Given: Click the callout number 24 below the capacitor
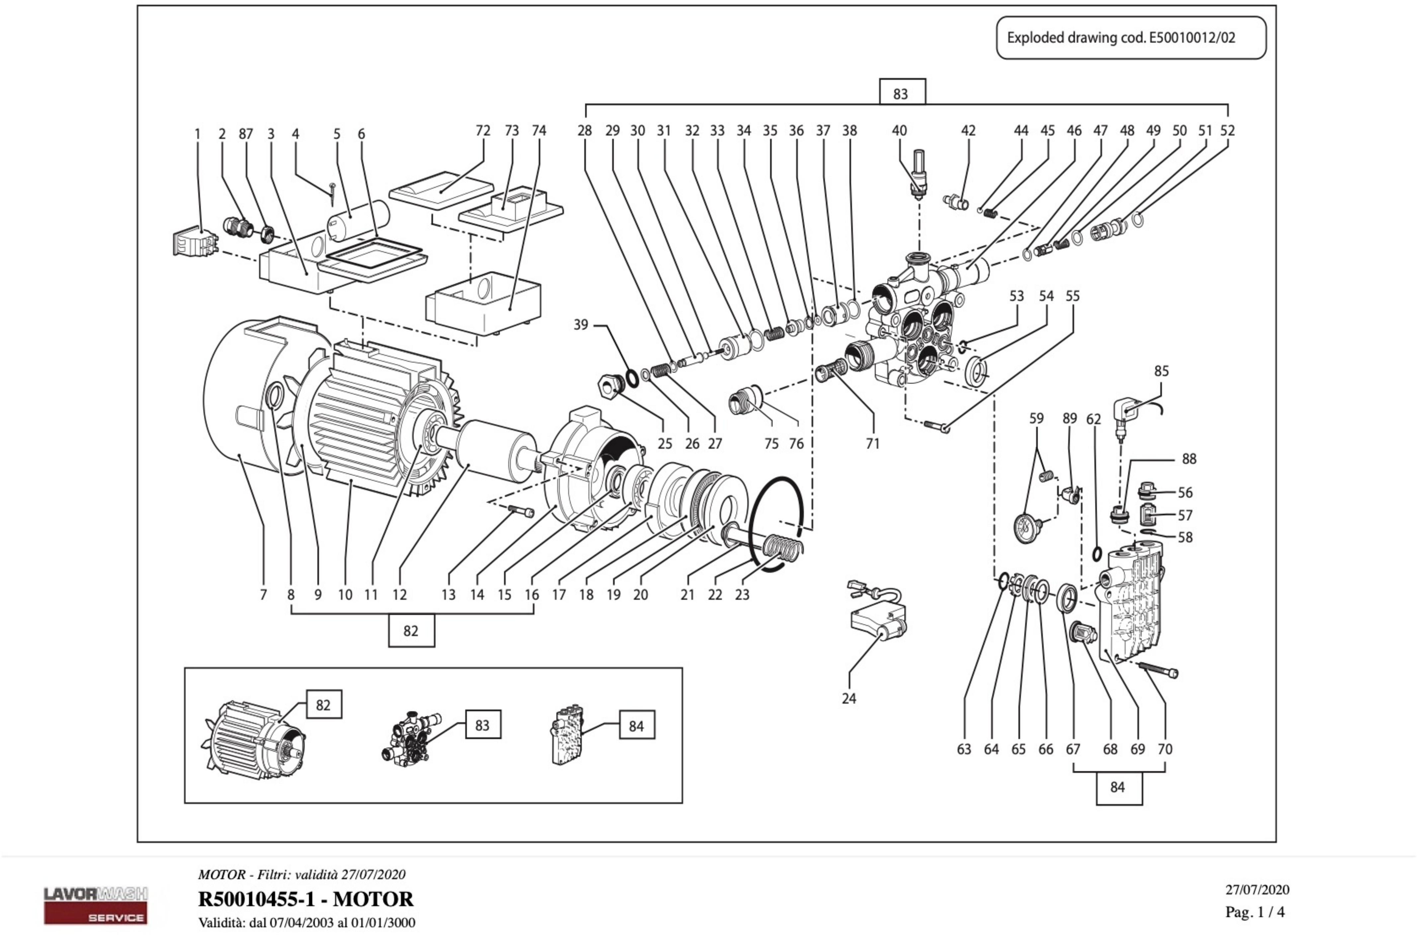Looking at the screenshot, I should pos(848,698).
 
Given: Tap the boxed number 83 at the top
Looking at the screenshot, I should pos(902,94).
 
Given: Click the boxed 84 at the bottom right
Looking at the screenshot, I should pos(1119,787).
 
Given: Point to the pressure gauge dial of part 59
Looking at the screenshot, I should pos(1025,526).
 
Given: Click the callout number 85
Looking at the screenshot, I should pos(1161,371).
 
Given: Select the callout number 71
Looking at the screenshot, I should pos(872,444).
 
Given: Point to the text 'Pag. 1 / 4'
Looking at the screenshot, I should pos(1255,912).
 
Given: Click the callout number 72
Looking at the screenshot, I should pos(483,130).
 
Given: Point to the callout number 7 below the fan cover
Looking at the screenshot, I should pos(263,594).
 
